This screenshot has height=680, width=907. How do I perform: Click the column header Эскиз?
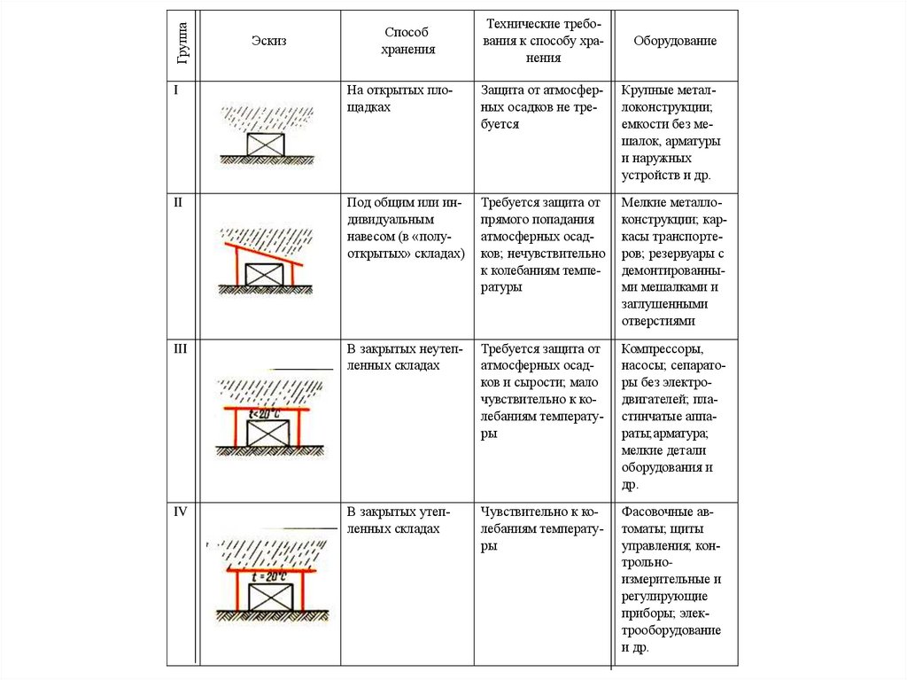268,41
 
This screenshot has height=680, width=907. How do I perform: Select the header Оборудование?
675,41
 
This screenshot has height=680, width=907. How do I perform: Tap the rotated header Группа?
182,43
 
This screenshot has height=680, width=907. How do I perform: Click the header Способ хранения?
407,41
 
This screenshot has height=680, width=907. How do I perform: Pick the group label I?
176,90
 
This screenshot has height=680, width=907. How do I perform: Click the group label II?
177,202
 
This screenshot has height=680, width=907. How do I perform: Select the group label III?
180,348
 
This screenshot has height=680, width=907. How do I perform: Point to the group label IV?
181,512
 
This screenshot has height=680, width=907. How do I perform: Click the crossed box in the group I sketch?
266,145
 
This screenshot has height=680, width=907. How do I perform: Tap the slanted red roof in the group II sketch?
263,254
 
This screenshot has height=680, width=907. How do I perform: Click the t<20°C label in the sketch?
265,414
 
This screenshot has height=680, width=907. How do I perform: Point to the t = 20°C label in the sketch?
269,577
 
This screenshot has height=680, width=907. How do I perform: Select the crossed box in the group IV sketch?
270,597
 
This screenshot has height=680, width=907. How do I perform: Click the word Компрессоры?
663,349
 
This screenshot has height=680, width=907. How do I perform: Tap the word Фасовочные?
657,512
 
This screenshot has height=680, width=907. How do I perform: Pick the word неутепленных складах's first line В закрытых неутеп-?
405,348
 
